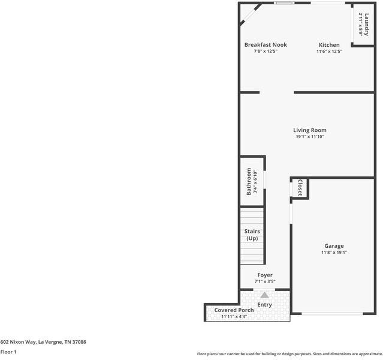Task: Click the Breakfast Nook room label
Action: coord(266,45)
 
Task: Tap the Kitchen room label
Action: coord(329,45)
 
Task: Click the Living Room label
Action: coord(309,130)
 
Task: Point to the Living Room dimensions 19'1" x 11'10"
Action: coord(309,137)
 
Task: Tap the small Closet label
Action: coord(300,187)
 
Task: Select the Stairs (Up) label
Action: coord(252,235)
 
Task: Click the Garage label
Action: coord(334,246)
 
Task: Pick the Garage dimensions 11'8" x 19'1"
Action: coord(334,253)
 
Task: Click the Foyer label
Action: coord(265,275)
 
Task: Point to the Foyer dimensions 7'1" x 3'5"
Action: coord(265,281)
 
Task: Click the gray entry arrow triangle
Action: coord(264,295)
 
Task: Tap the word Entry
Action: coord(264,304)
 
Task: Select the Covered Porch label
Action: coord(234,310)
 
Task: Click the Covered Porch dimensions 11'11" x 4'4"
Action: coord(234,316)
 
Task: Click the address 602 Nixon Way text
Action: coord(43,341)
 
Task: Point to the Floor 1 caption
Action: coord(8,352)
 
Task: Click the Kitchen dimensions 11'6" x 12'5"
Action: coord(329,52)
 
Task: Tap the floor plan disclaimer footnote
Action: coord(289,353)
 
